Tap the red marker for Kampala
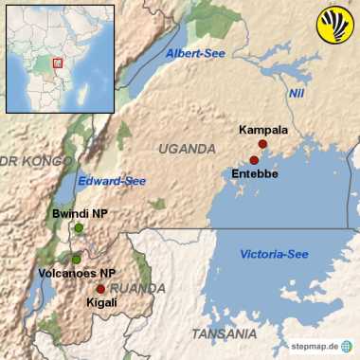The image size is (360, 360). tap(262, 144)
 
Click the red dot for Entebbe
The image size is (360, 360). tap(254, 160)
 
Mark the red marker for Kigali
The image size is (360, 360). tap(100, 289)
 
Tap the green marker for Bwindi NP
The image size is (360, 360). tap(79, 228)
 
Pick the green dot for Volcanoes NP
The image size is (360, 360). tap(76, 259)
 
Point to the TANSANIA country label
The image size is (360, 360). tap(224, 334)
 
